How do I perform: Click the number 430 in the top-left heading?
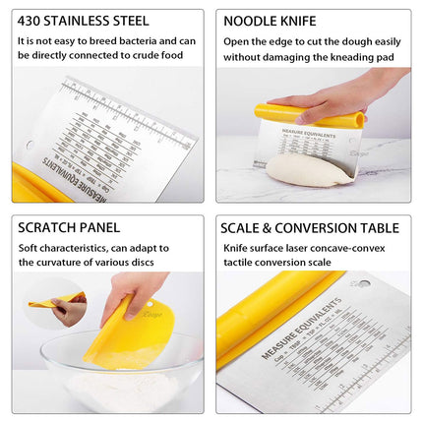click(x=33, y=20)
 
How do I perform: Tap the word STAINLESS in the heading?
click(x=88, y=20)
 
